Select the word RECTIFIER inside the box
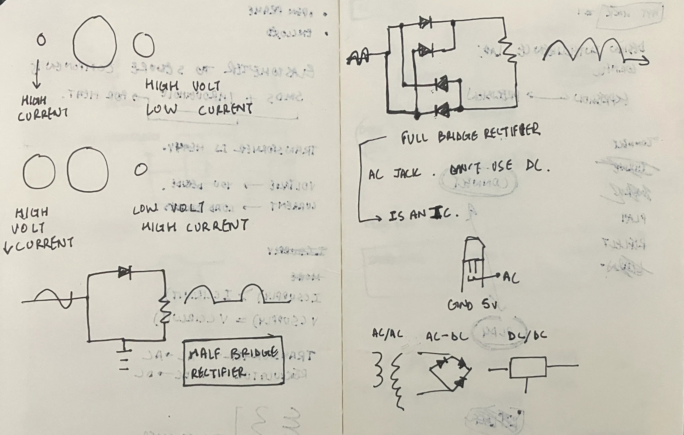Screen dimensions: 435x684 coord(218,373)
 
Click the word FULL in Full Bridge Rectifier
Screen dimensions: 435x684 coord(414,138)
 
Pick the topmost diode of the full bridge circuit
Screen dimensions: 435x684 coord(425,22)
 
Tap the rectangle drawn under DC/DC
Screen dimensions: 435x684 coord(528,368)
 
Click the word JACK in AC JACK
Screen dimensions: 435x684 coord(407,173)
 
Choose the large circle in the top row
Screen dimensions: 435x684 coord(95,42)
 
